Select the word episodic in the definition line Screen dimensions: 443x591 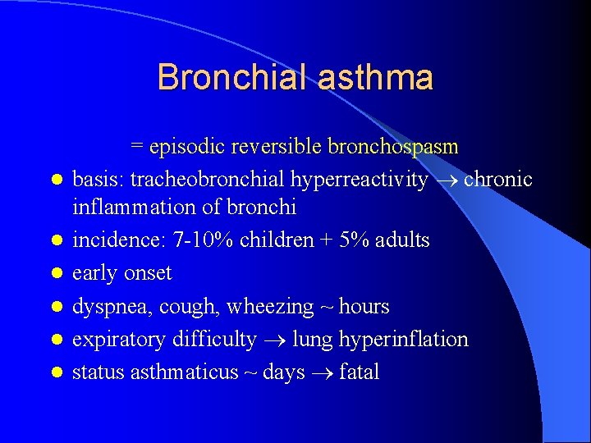(x=186, y=147)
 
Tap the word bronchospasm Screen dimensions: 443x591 (x=393, y=147)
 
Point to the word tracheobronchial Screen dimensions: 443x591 (x=197, y=180)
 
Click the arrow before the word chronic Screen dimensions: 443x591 (x=447, y=180)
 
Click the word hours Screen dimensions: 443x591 (x=364, y=307)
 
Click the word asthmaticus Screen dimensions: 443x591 (x=188, y=372)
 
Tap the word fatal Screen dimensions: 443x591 (x=359, y=372)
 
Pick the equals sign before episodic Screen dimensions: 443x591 (x=137, y=148)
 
